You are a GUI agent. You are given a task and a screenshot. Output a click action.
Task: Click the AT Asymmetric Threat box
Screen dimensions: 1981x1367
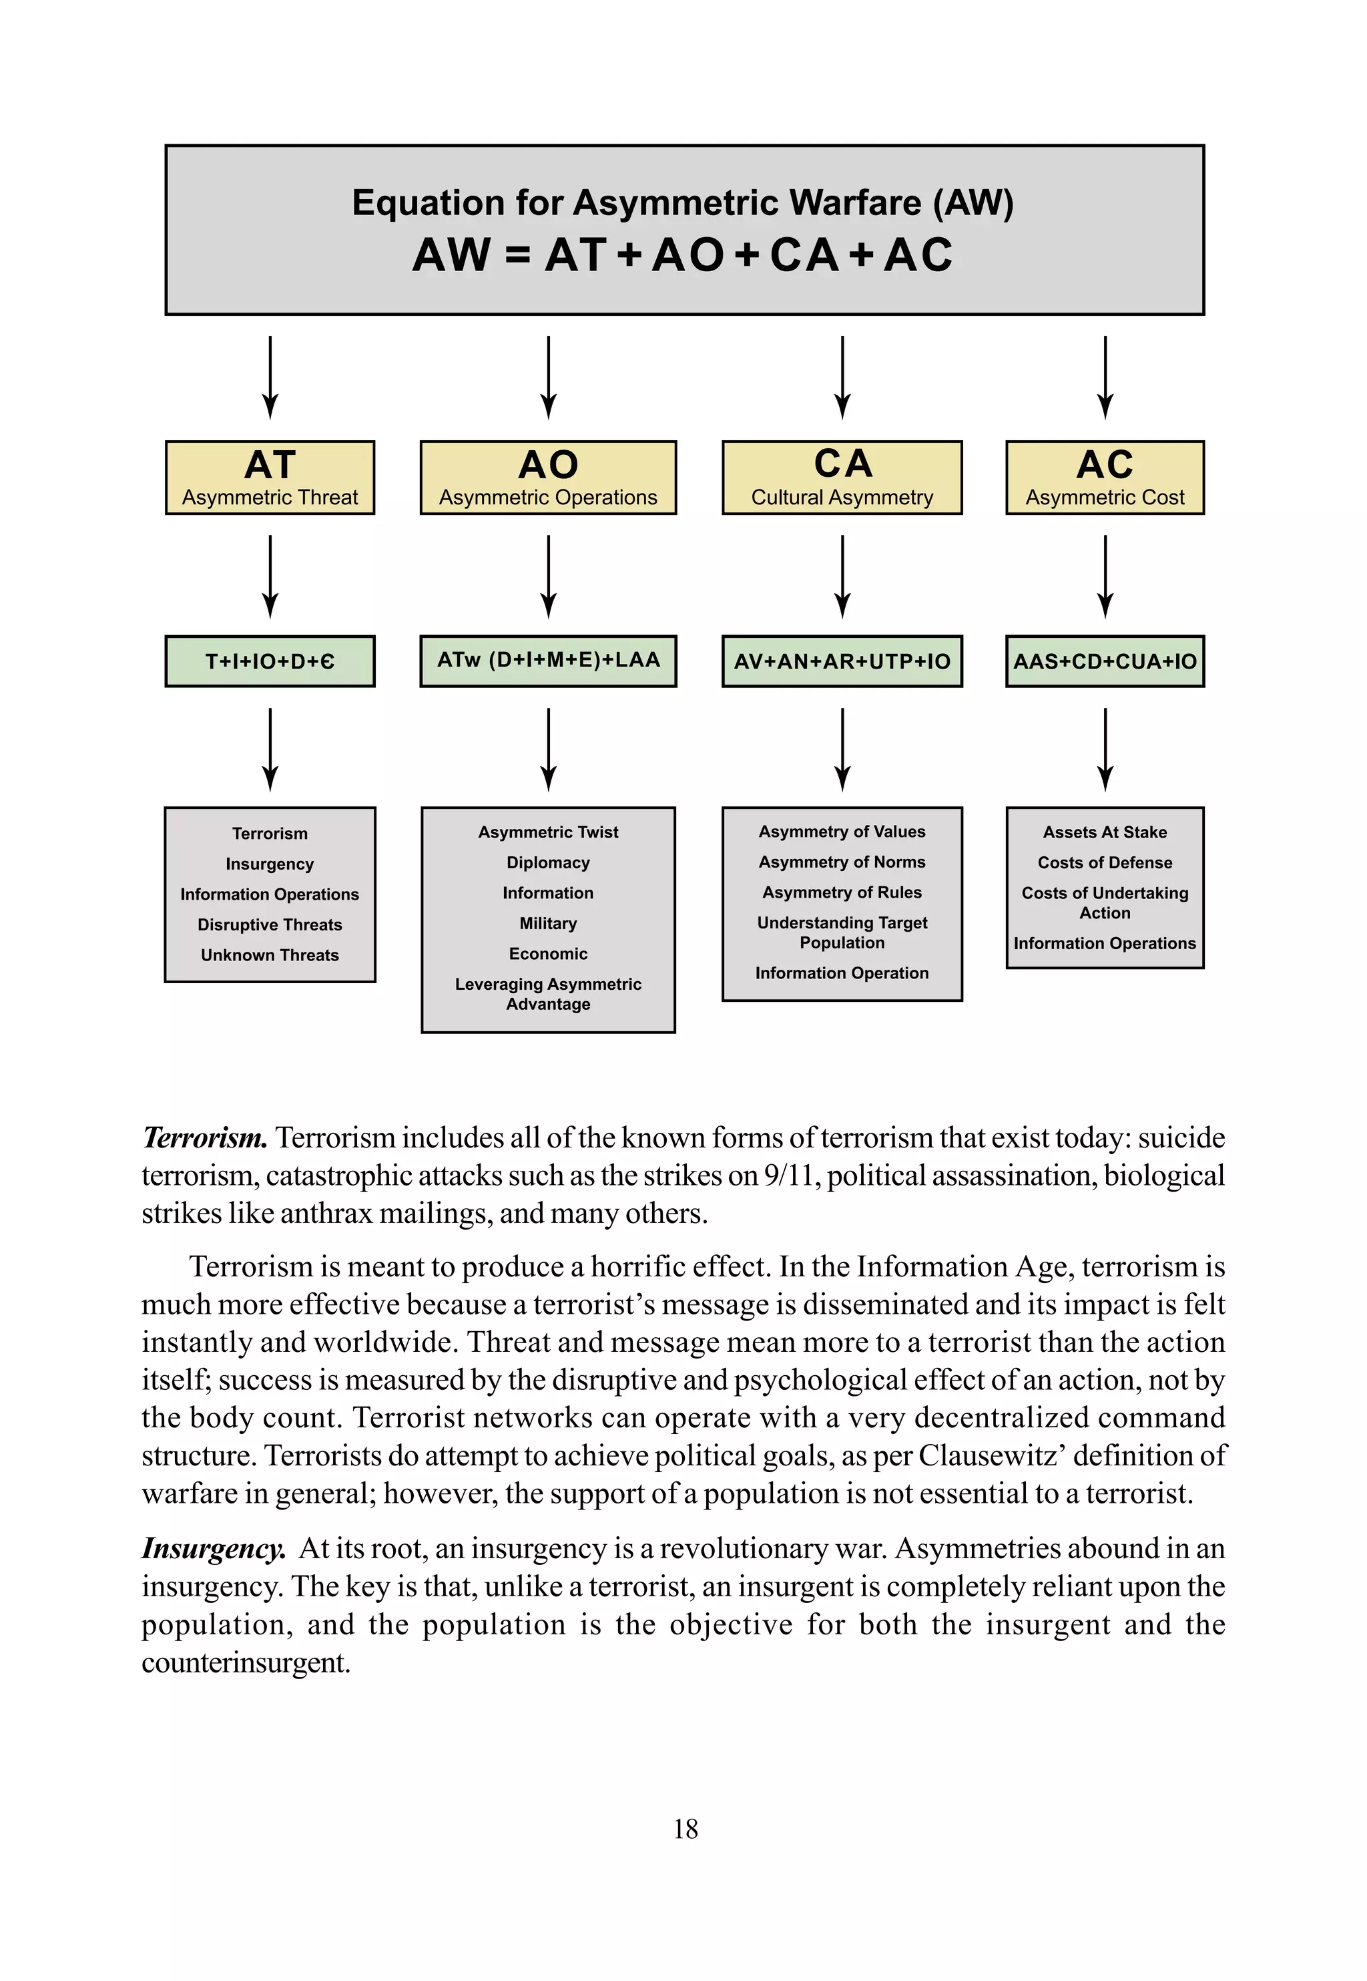[270, 478]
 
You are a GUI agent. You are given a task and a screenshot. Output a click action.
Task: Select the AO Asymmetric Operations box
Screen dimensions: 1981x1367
[548, 478]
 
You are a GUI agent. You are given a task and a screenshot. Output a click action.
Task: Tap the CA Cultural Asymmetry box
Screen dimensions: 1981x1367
[842, 478]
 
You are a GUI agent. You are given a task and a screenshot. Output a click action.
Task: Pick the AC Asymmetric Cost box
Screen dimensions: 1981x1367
[1105, 478]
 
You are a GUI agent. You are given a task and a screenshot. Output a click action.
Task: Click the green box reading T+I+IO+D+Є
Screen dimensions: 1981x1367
[270, 661]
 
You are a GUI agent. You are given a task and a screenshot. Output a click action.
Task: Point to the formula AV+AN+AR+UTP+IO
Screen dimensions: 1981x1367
[842, 661]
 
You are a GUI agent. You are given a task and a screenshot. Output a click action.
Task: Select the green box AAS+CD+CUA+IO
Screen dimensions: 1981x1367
[1105, 661]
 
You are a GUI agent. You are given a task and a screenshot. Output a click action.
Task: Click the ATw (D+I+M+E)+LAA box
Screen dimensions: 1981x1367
[548, 660]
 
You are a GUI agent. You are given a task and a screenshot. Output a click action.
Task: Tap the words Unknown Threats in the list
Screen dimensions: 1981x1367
[270, 954]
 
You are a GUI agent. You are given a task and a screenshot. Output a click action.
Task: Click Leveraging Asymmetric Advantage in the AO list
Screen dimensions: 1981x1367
[548, 994]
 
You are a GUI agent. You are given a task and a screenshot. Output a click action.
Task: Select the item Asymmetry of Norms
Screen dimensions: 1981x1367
[842, 862]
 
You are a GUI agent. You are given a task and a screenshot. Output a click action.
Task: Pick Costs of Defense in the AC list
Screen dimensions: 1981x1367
[1105, 863]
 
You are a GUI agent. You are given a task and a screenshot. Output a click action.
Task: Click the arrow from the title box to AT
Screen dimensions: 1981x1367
[270, 377]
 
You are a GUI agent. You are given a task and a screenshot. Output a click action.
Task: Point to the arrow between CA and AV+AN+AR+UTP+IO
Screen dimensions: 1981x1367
[842, 576]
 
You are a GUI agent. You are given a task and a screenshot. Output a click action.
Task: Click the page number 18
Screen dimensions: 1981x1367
[686, 1829]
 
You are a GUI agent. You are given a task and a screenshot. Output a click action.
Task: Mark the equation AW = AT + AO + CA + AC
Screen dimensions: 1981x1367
[683, 254]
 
